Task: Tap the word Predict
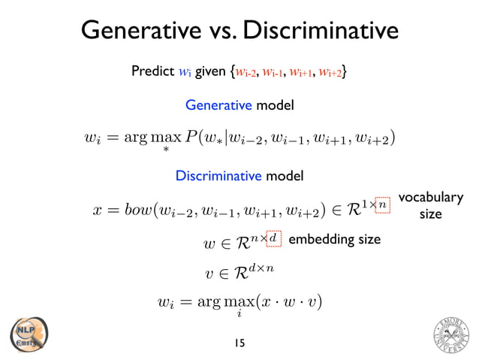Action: coord(154,72)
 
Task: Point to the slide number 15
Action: coord(239,343)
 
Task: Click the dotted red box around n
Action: coord(382,203)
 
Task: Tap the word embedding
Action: coord(315,240)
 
